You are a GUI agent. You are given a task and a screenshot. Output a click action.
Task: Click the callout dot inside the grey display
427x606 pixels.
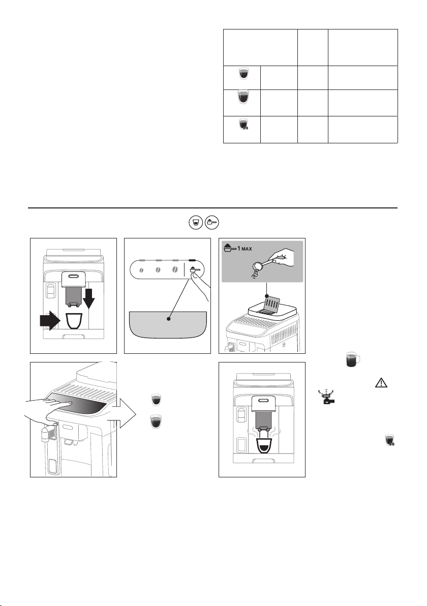click(x=168, y=319)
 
